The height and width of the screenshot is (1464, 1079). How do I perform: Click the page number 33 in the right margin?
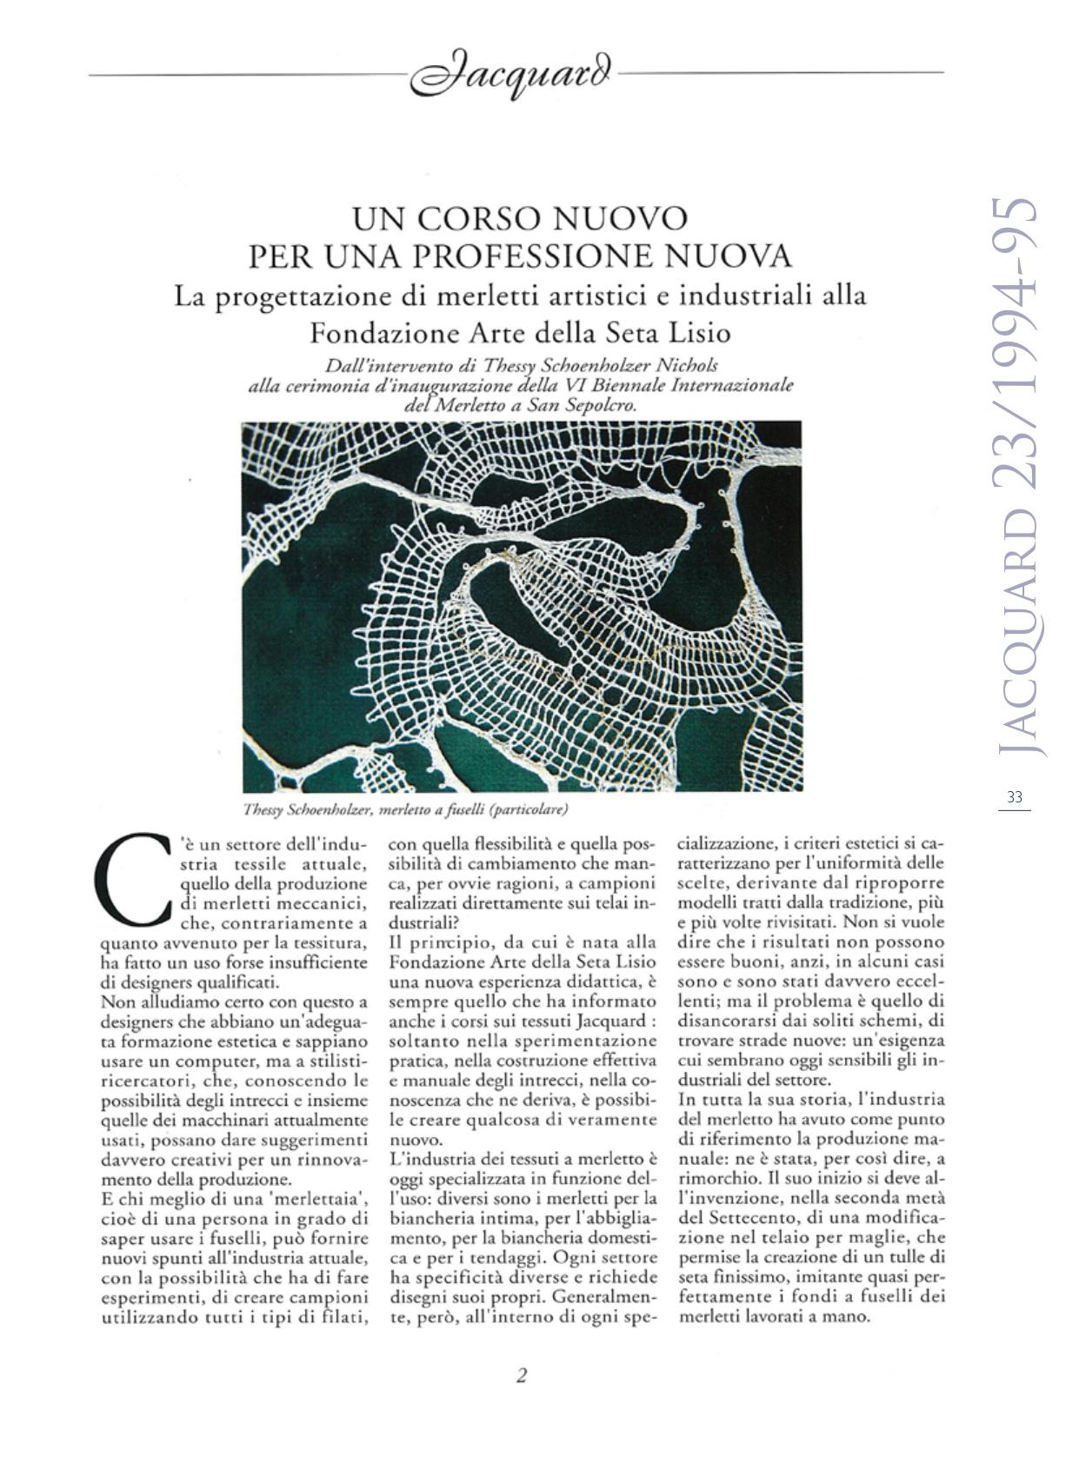1014,796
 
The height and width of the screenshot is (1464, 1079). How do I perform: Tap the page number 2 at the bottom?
522,1375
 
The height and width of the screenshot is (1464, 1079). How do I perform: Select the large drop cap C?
132,881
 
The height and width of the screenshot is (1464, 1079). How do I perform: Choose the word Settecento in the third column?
750,1217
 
